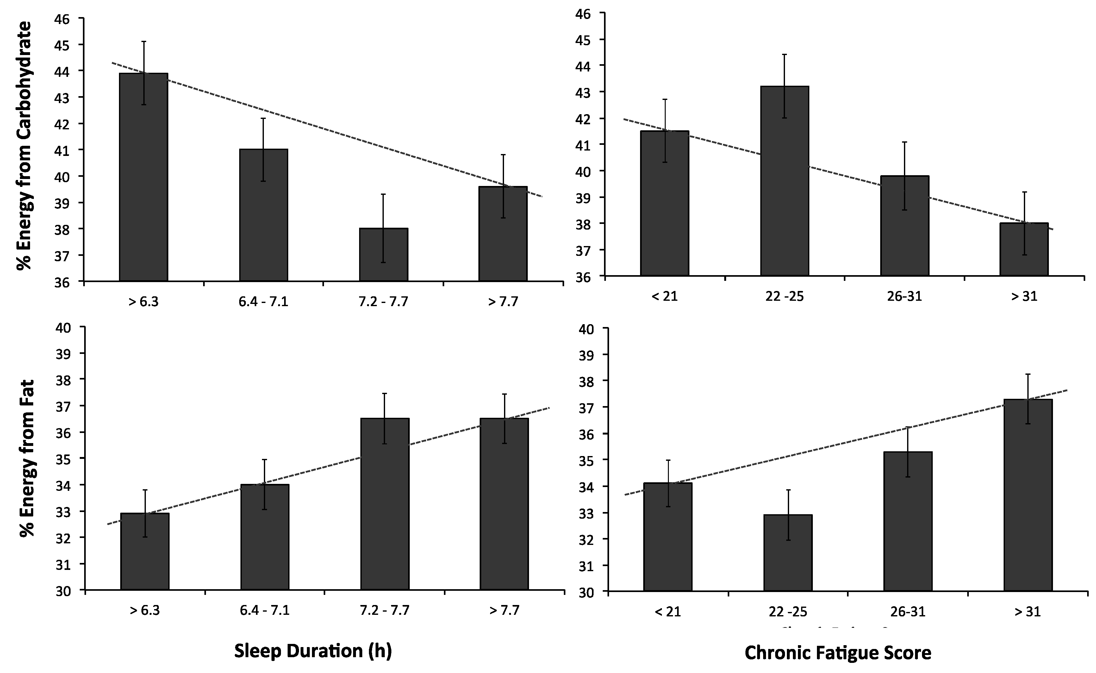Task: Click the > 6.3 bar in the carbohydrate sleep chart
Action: pyautogui.click(x=143, y=187)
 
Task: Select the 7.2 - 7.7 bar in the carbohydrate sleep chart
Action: pyautogui.click(x=383, y=258)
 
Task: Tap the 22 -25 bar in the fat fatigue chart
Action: pyautogui.click(x=788, y=556)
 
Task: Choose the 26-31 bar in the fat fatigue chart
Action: pyautogui.click(x=908, y=525)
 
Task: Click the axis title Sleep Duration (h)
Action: pyautogui.click(x=313, y=651)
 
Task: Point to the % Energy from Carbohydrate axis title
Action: pyautogui.click(x=24, y=146)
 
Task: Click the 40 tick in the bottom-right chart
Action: pyautogui.click(x=586, y=329)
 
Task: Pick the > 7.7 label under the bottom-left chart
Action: pyautogui.click(x=504, y=609)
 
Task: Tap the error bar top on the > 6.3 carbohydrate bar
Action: pyautogui.click(x=143, y=42)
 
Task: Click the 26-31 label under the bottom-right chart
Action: pyautogui.click(x=908, y=612)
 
